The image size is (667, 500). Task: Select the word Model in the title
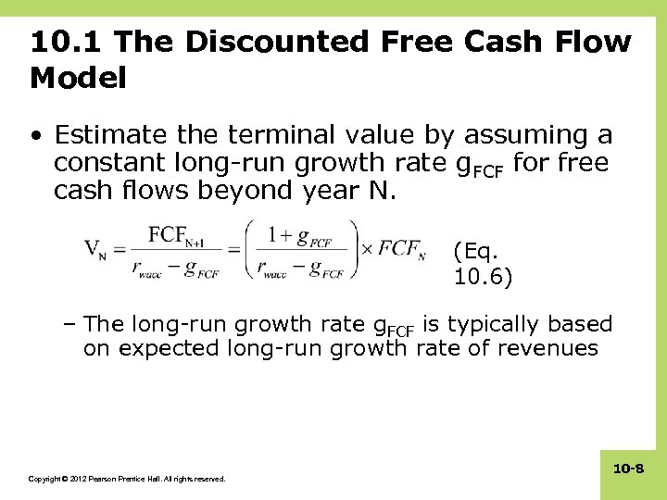point(78,79)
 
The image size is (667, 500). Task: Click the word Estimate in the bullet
point(110,136)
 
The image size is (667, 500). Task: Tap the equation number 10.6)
point(483,277)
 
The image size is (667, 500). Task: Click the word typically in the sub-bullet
point(495,324)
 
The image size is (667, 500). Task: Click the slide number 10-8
point(628,469)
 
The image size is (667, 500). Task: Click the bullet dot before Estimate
point(35,136)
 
